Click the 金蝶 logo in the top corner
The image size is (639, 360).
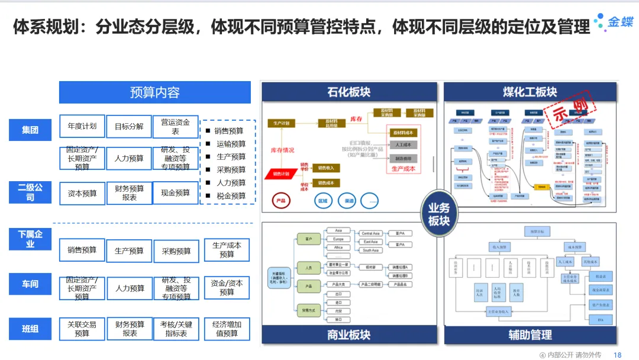(614, 21)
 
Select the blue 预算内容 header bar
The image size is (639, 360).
(154, 92)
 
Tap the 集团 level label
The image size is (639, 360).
(30, 130)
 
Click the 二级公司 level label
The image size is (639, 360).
(30, 192)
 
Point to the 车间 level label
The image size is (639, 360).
(30, 284)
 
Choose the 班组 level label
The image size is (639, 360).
(30, 329)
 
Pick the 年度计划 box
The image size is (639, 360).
(82, 126)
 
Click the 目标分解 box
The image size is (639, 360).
(129, 126)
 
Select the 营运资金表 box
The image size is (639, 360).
(176, 127)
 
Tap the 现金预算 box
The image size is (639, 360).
(176, 193)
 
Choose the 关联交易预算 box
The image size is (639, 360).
(82, 329)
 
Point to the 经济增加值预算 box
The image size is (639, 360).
(227, 329)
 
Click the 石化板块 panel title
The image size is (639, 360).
(349, 92)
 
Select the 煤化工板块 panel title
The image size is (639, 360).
(530, 92)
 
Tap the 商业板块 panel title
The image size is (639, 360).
(349, 335)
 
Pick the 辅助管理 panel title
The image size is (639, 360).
(530, 335)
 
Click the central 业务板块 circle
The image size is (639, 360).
(438, 214)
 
